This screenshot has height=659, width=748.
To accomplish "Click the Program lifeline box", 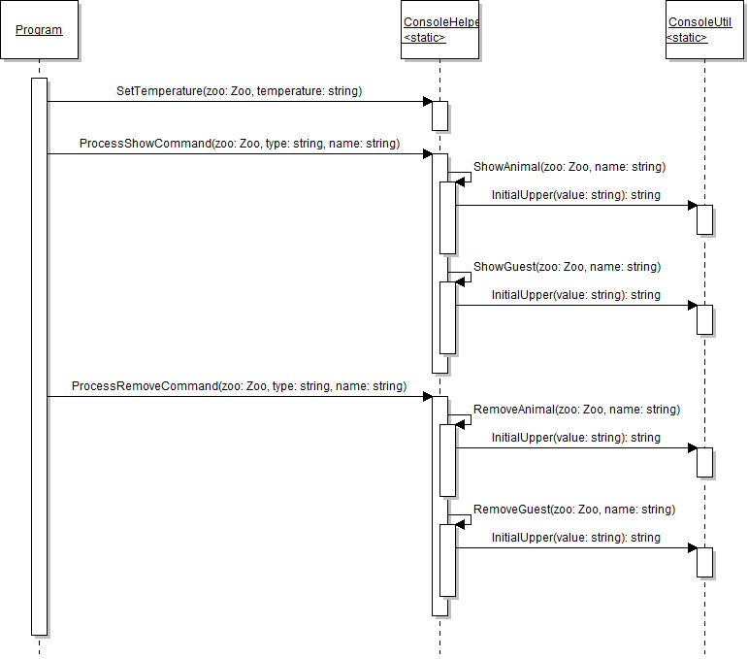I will (x=39, y=30).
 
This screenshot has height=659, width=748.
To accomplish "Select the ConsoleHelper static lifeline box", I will (x=441, y=30).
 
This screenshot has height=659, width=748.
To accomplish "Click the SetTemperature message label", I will (x=239, y=91).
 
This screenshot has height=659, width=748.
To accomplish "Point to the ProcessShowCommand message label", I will (x=239, y=144).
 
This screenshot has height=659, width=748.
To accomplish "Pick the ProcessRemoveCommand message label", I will (x=239, y=386).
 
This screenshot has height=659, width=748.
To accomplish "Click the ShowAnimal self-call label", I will (x=569, y=167).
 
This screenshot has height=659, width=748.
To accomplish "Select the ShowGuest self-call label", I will (x=566, y=267).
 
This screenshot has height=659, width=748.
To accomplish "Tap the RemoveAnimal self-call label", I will (x=576, y=410).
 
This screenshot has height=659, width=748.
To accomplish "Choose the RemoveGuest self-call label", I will (x=573, y=510).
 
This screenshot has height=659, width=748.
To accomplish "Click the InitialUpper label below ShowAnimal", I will (x=575, y=195).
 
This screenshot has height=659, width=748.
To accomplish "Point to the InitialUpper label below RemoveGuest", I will (x=575, y=538).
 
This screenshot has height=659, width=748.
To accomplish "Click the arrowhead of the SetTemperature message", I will (x=427, y=102).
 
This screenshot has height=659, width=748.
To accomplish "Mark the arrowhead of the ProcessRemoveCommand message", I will (x=427, y=397).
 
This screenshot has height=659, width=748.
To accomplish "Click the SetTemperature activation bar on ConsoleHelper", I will (x=439, y=115).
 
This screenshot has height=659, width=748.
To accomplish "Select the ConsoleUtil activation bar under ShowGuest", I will (x=705, y=319).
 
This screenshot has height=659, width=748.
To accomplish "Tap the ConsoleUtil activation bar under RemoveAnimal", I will (x=705, y=462).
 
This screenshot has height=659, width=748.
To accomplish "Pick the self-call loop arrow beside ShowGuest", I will (x=464, y=278).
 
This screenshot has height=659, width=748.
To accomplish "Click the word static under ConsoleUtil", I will (x=686, y=38).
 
